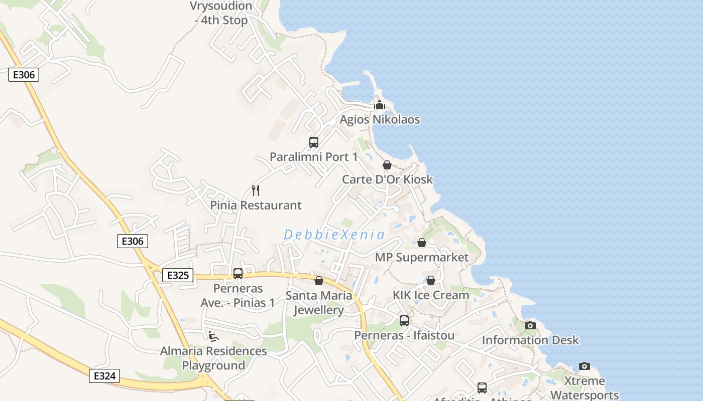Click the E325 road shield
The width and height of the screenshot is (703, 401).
pos(178,275)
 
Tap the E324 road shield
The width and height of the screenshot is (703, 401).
pos(105,376)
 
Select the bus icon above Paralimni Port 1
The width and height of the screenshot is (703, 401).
pos(314,142)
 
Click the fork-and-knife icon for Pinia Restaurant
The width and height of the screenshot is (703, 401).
pos(256,190)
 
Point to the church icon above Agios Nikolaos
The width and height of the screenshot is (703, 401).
pos(380,105)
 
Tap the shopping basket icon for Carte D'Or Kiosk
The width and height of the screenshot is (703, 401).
pos(387,165)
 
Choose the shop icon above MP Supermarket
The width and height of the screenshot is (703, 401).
pos(422,243)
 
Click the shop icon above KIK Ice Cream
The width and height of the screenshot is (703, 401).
pos(431,280)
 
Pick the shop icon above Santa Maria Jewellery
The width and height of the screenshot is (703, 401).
pos(319,281)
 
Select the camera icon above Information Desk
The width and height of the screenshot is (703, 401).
pos(530,325)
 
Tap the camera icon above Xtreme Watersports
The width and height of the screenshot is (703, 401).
pos(584,366)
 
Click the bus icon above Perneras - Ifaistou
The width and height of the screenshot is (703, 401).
pos(404,320)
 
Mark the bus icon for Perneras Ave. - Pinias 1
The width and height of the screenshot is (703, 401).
pos(238,274)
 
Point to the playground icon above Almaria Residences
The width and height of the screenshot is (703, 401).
pos(213,336)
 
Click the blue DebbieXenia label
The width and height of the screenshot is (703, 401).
pos(334,235)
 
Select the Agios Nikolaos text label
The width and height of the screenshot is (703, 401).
pos(380,120)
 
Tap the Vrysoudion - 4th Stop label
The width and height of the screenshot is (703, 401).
pos(221,14)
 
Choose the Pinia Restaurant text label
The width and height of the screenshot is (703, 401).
pos(256,205)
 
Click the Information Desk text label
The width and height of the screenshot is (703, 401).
pos(530,340)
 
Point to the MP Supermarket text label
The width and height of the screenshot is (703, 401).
pos(422,257)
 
